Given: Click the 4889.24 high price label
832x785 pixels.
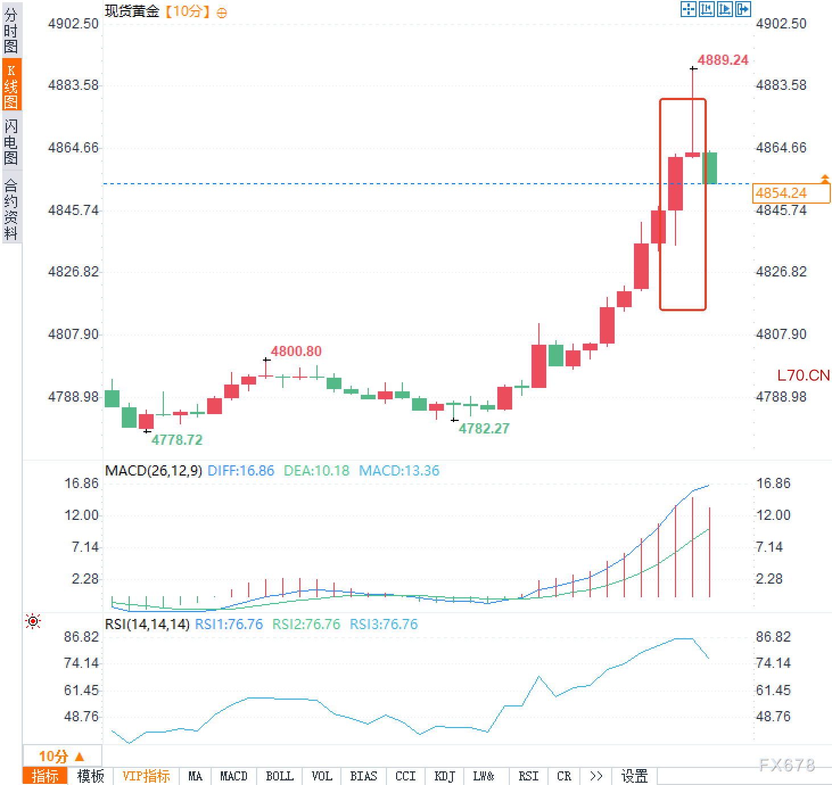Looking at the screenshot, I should (x=723, y=60).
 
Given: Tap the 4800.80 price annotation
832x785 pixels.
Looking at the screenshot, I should (x=296, y=351).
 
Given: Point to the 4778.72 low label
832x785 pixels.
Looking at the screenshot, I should (x=176, y=440).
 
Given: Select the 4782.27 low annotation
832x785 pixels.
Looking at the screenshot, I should (x=484, y=428).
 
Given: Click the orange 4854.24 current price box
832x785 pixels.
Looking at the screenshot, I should (x=790, y=193).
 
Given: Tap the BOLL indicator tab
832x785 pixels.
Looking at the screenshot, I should (x=279, y=776).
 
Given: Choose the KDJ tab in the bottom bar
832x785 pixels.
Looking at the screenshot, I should (x=444, y=776).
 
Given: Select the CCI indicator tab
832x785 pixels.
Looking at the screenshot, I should (x=405, y=776).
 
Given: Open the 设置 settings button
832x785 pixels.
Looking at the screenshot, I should (x=634, y=776).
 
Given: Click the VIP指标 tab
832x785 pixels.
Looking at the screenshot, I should (x=146, y=776).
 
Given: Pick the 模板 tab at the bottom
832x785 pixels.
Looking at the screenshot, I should (x=90, y=776).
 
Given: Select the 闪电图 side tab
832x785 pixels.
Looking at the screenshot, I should (x=11, y=141).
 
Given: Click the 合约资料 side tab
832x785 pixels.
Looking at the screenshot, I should (x=11, y=209).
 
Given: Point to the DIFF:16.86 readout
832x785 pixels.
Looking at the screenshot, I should (x=241, y=471).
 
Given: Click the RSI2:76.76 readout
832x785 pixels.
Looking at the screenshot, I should (x=306, y=625).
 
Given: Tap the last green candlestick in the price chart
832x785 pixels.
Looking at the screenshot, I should (x=710, y=168).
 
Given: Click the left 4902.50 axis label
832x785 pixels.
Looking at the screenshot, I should (x=73, y=24).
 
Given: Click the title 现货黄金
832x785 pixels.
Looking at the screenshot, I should (x=132, y=11).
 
